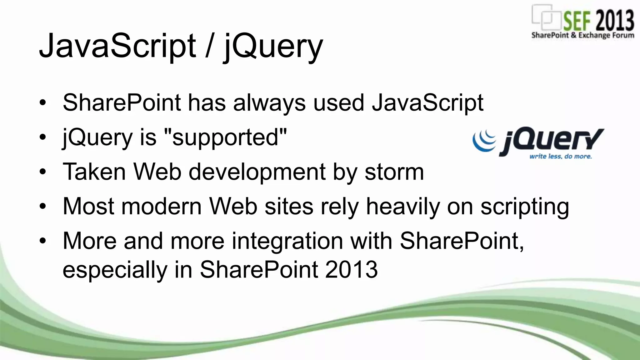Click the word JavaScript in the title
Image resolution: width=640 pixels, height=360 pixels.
point(117,46)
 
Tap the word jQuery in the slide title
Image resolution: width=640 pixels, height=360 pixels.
point(272,47)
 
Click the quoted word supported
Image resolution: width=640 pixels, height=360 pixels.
point(225,137)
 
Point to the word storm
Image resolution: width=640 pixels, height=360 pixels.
point(394,172)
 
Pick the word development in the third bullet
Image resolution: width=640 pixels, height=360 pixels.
point(257,172)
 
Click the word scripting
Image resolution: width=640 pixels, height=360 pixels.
point(525,207)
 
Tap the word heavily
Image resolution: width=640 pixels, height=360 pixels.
point(403,207)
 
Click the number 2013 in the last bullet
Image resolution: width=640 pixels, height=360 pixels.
point(351,269)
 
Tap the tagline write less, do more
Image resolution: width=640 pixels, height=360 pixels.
point(560,156)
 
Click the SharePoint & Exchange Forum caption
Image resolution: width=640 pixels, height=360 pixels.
point(582,35)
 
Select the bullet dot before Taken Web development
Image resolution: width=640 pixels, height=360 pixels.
point(43,172)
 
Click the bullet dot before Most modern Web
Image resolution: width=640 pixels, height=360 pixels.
point(43,206)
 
